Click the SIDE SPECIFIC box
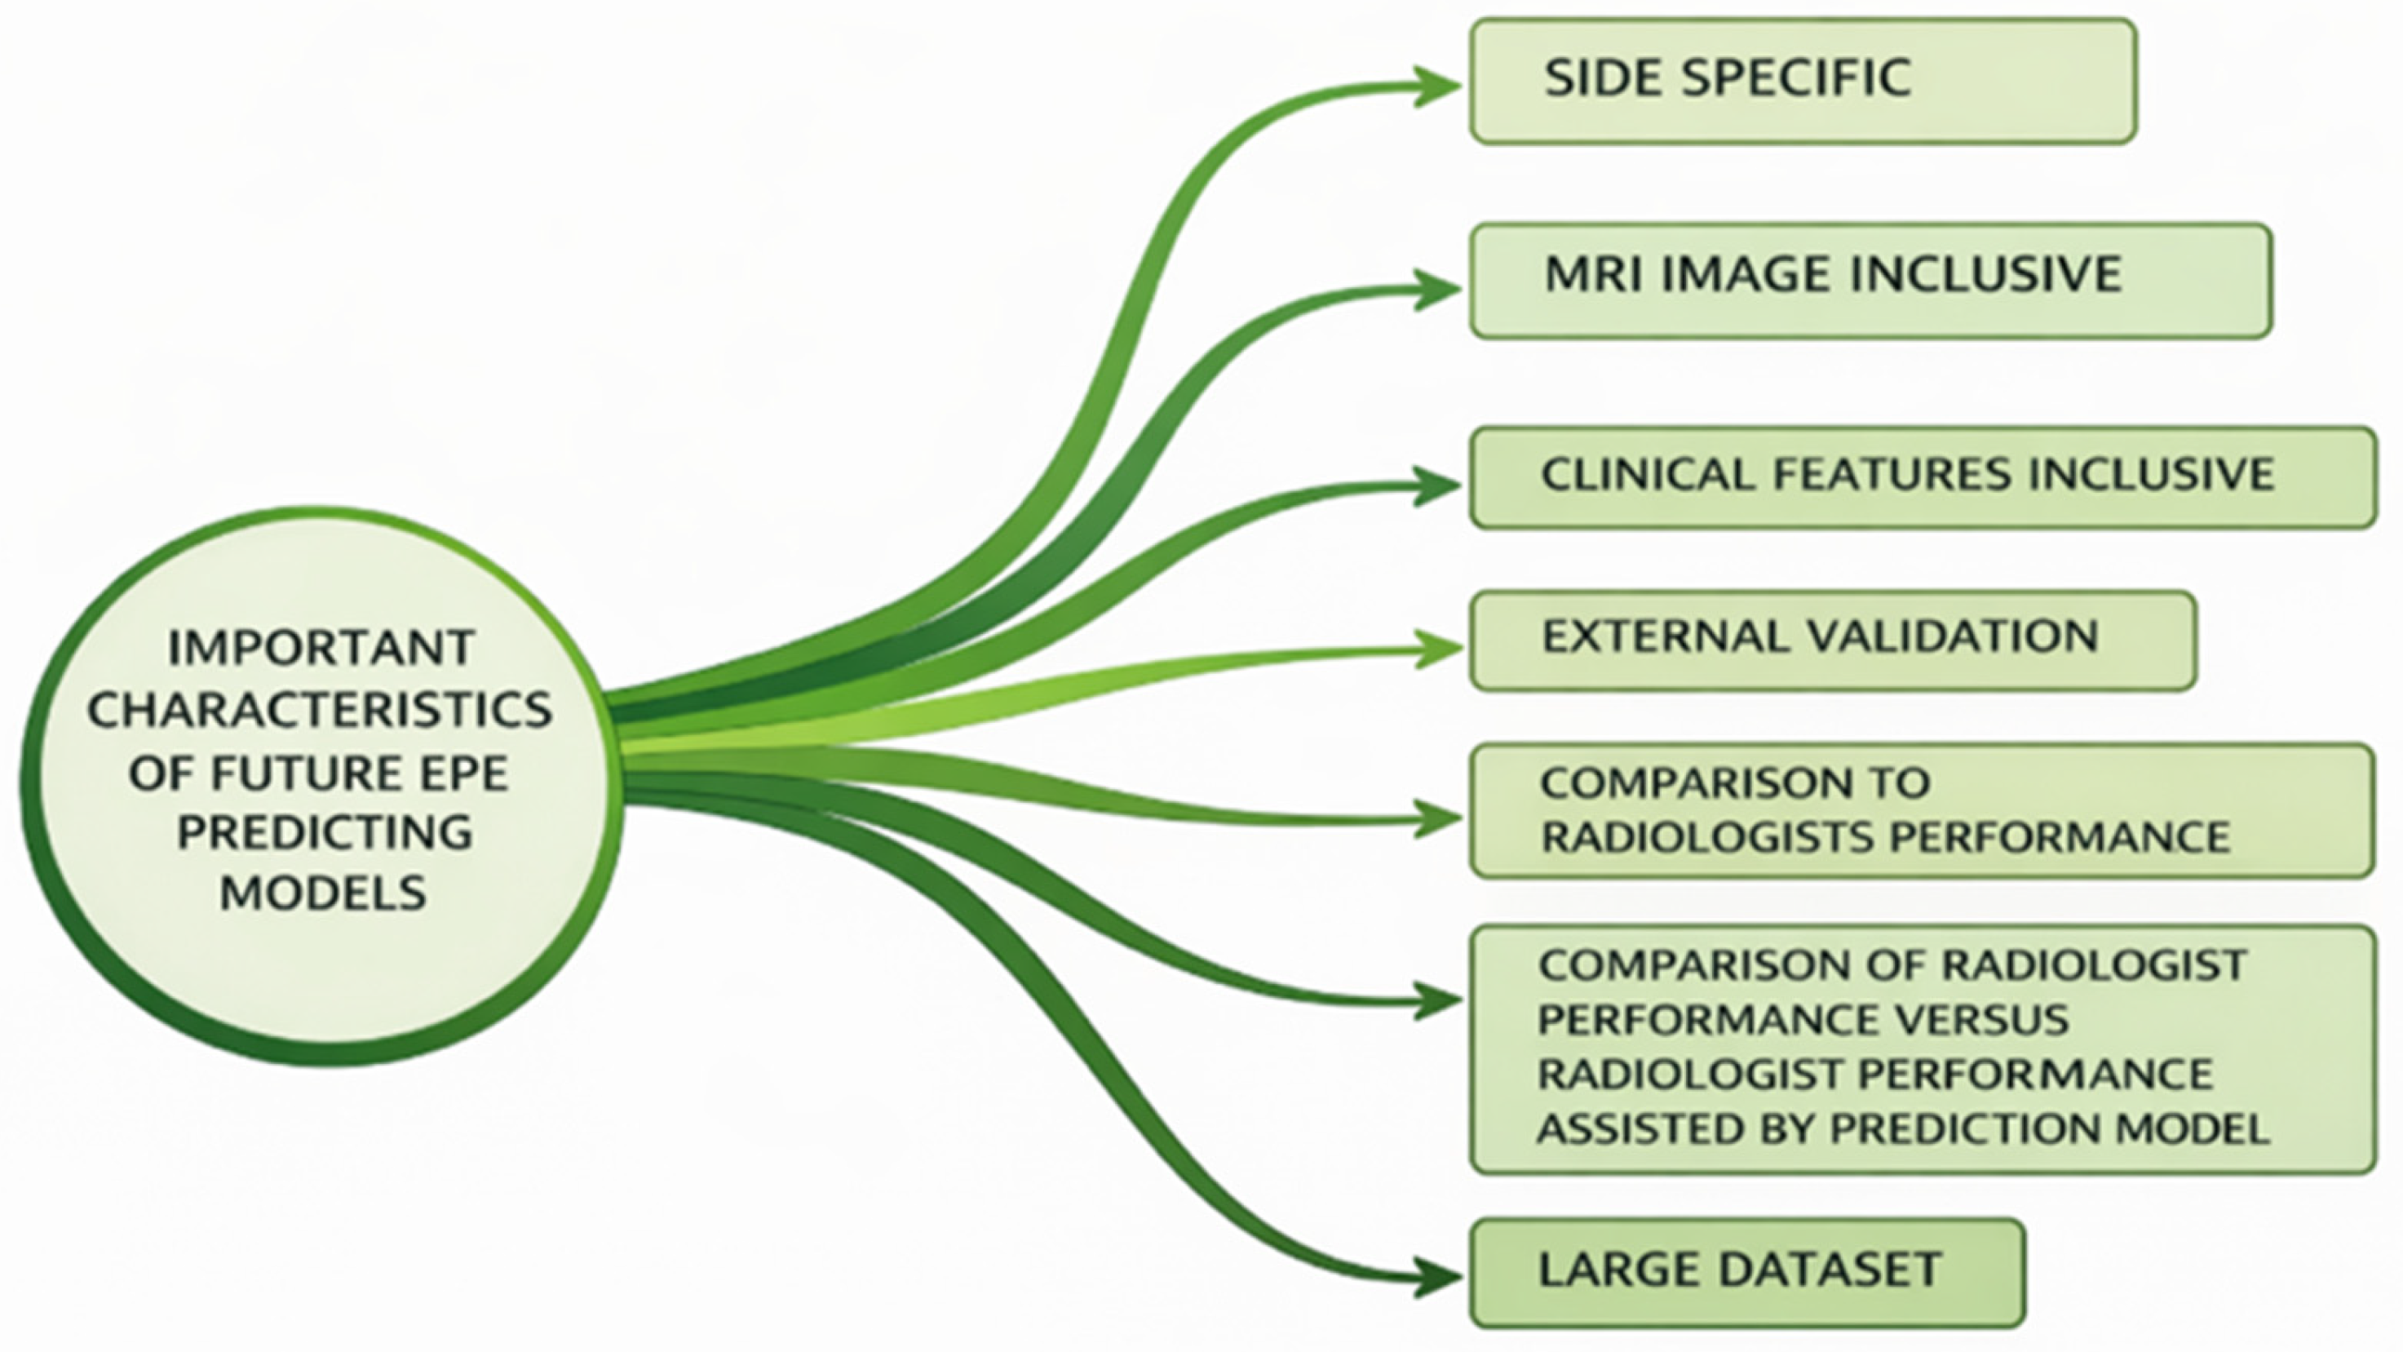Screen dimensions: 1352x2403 point(1803,81)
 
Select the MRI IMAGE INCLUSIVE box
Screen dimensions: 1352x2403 point(1870,280)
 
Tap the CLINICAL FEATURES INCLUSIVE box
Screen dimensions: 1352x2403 point(1922,477)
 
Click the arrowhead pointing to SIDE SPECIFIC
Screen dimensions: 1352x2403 point(1436,86)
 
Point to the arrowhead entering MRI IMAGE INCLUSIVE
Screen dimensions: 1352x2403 point(1436,289)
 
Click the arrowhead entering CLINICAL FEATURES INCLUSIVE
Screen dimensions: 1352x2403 point(1436,485)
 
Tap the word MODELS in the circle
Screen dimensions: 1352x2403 point(323,893)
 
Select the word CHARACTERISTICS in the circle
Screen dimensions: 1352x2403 point(320,711)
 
